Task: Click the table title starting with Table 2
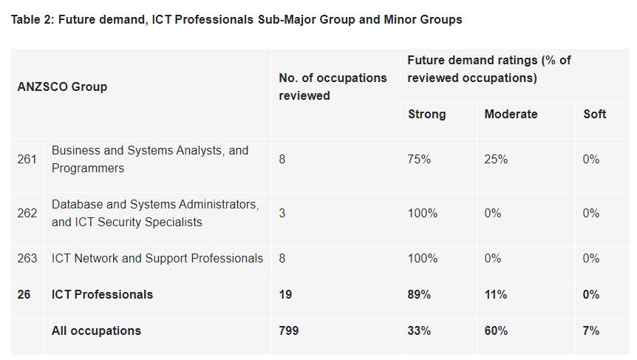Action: point(236,20)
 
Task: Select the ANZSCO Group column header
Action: point(62,86)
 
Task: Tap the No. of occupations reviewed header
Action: point(333,86)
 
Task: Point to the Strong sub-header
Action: point(426,114)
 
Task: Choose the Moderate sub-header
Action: point(511,114)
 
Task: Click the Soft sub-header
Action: point(594,114)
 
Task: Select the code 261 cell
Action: point(27,159)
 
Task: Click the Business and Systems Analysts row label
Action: point(150,159)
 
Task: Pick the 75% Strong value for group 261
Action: point(419,159)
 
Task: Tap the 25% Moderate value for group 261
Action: point(496,159)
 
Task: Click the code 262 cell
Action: point(27,213)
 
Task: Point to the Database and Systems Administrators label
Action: point(155,213)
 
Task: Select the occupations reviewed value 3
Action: point(282,213)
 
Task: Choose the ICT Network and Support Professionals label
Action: point(157,258)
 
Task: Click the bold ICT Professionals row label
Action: point(102,294)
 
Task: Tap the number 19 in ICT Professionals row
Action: point(285,294)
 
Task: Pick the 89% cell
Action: point(419,294)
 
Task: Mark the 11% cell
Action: point(495,294)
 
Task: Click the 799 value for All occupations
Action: point(288,330)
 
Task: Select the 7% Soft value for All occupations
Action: point(590,330)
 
